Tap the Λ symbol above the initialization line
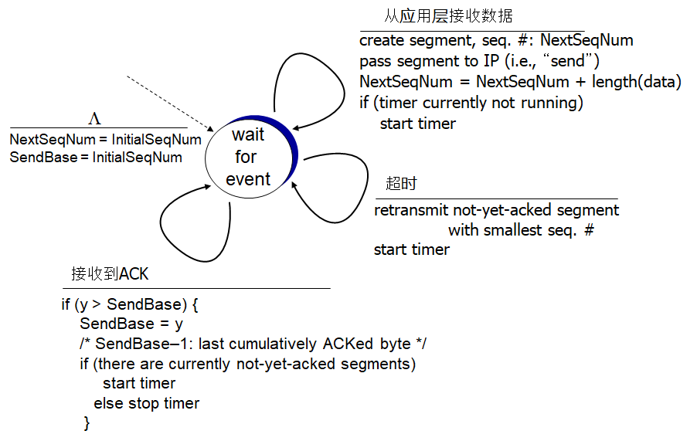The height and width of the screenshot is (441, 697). coord(94,118)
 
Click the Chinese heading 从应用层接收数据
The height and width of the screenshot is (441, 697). coord(448,16)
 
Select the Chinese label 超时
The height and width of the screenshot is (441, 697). coord(401,184)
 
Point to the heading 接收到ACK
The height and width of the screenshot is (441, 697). coord(110,274)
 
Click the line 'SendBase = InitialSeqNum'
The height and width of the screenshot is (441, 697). coord(96,158)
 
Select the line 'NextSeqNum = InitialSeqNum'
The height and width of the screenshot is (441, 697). coord(105,140)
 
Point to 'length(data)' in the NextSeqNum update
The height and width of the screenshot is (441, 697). coord(636,82)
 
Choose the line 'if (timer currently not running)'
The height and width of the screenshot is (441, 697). coord(471,103)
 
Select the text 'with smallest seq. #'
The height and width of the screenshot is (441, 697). coord(520,229)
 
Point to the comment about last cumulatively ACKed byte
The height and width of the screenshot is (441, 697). coord(253,344)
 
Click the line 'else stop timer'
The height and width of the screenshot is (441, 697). coord(146,403)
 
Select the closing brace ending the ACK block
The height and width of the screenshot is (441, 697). coord(87,422)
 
